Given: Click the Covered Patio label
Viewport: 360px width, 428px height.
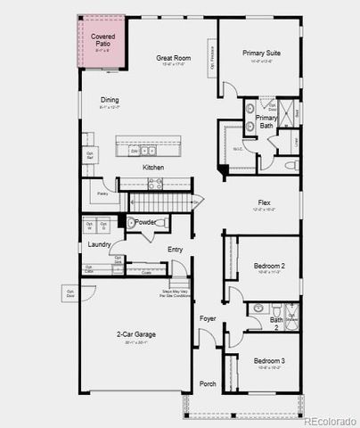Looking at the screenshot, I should [x=102, y=41].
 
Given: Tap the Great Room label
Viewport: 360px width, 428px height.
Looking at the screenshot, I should [x=173, y=58].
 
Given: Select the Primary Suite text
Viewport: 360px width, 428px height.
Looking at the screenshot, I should [x=261, y=53].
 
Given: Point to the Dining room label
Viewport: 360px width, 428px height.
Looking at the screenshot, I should [x=110, y=101].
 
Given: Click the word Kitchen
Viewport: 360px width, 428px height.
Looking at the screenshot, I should [x=153, y=167].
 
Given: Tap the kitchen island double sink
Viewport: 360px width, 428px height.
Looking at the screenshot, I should [x=142, y=151].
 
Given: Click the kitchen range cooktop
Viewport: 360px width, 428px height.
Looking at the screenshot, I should [x=154, y=185].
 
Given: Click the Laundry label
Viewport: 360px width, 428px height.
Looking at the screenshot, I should [x=99, y=243].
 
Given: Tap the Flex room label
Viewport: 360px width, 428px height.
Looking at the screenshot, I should [x=262, y=202].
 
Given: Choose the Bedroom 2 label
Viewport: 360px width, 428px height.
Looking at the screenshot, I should [x=268, y=266].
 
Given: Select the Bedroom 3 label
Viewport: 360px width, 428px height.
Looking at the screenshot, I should [x=268, y=360].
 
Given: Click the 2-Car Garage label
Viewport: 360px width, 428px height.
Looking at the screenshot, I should [x=136, y=334].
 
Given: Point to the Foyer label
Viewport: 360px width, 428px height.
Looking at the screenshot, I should [x=208, y=317].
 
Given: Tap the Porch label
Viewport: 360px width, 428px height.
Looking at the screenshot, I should [x=208, y=383].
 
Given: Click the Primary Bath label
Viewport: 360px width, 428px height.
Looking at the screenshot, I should [x=266, y=122].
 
